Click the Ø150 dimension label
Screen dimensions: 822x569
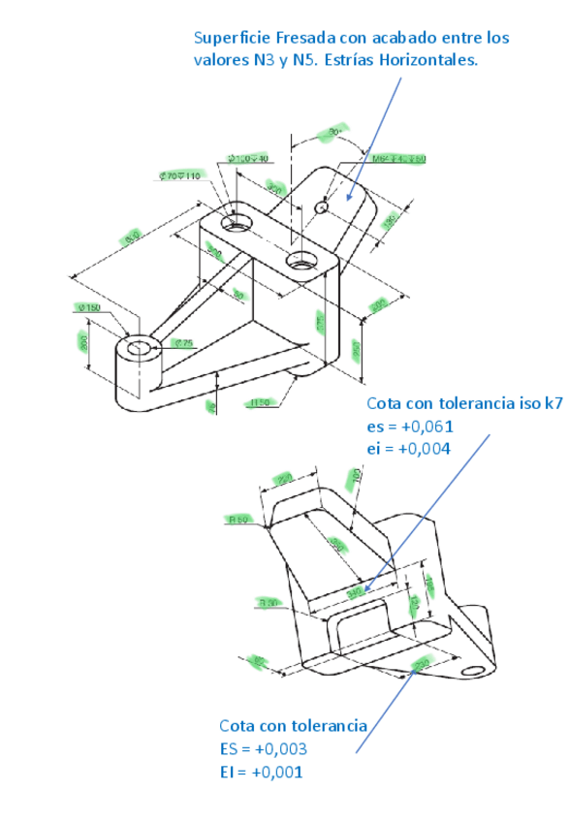pos(89,308)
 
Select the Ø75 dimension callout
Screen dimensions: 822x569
pos(183,343)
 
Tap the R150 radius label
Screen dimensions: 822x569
pos(258,401)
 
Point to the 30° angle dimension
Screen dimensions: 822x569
pos(334,130)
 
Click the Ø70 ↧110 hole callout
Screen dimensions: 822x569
pos(178,175)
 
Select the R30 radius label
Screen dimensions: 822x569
pos(269,602)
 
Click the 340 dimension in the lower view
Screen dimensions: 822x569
pos(355,588)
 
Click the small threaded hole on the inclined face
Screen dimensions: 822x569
pos(323,205)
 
